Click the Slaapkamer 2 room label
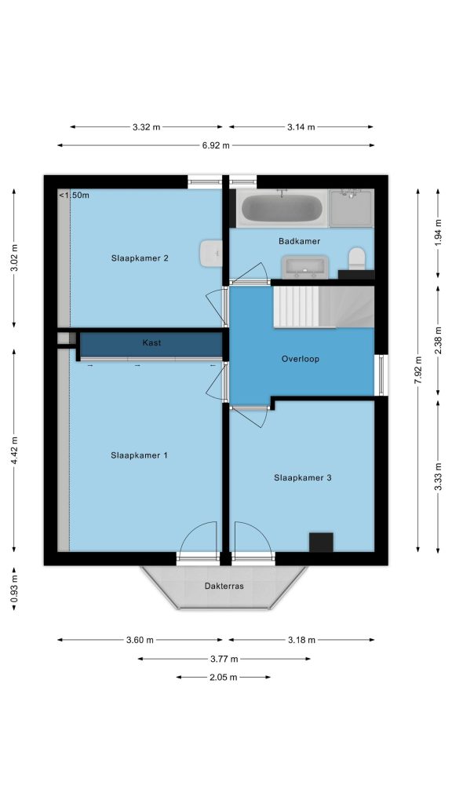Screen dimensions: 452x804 click(140, 258)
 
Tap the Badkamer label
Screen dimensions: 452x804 click(299, 241)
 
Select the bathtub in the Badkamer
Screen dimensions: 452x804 click(282, 208)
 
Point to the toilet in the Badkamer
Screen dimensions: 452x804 click(357, 258)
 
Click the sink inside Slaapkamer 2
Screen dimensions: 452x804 click(211, 253)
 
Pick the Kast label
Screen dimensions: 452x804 click(151, 342)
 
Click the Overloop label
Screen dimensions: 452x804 click(301, 359)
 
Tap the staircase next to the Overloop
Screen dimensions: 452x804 click(323, 307)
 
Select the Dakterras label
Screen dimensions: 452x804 click(224, 586)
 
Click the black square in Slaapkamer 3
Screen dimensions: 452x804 click(321, 543)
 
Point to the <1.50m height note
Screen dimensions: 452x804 click(74, 196)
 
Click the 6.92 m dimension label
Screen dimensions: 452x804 click(216, 145)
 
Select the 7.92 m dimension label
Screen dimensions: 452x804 click(419, 371)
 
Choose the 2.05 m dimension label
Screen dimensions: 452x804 click(224, 678)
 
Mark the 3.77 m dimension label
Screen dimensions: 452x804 click(224, 659)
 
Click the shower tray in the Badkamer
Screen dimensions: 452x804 click(351, 208)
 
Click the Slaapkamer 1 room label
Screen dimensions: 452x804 click(140, 455)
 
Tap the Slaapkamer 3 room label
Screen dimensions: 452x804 click(303, 478)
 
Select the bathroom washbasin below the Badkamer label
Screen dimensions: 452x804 click(305, 267)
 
